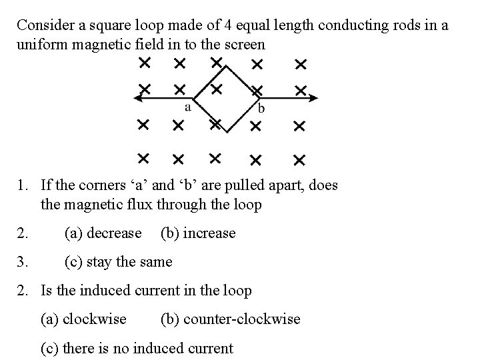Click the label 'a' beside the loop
(x=188, y=107)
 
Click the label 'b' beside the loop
(x=261, y=109)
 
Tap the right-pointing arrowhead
(x=314, y=97)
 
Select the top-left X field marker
(x=143, y=63)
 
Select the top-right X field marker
(x=301, y=64)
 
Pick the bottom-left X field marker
(x=143, y=158)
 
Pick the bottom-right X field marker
(x=299, y=160)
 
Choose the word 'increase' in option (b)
(x=209, y=233)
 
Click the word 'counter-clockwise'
(x=242, y=319)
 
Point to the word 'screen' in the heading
(x=245, y=45)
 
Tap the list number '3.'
(x=23, y=262)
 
